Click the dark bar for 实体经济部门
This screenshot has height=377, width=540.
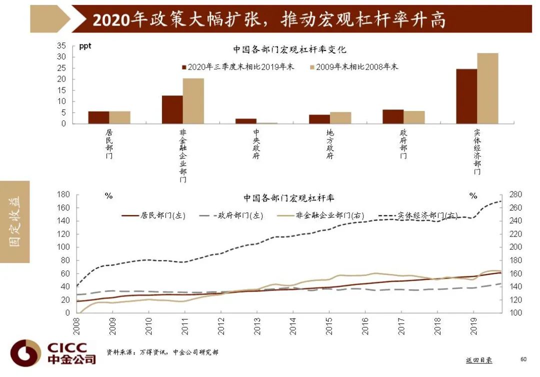click(466, 96)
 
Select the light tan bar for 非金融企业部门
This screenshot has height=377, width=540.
click(193, 101)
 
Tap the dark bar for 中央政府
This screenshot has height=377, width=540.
click(245, 121)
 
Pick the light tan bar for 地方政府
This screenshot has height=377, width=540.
click(340, 117)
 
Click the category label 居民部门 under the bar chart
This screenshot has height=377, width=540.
click(109, 144)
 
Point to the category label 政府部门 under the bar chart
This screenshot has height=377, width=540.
click(403, 144)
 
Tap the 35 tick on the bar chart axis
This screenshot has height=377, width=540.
click(61, 45)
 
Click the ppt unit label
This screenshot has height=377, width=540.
click(85, 46)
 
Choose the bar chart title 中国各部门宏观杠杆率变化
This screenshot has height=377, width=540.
click(289, 49)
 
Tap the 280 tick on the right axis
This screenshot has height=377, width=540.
click(515, 194)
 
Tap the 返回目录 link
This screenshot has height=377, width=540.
click(478, 360)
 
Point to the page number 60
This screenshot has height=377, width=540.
click(523, 359)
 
